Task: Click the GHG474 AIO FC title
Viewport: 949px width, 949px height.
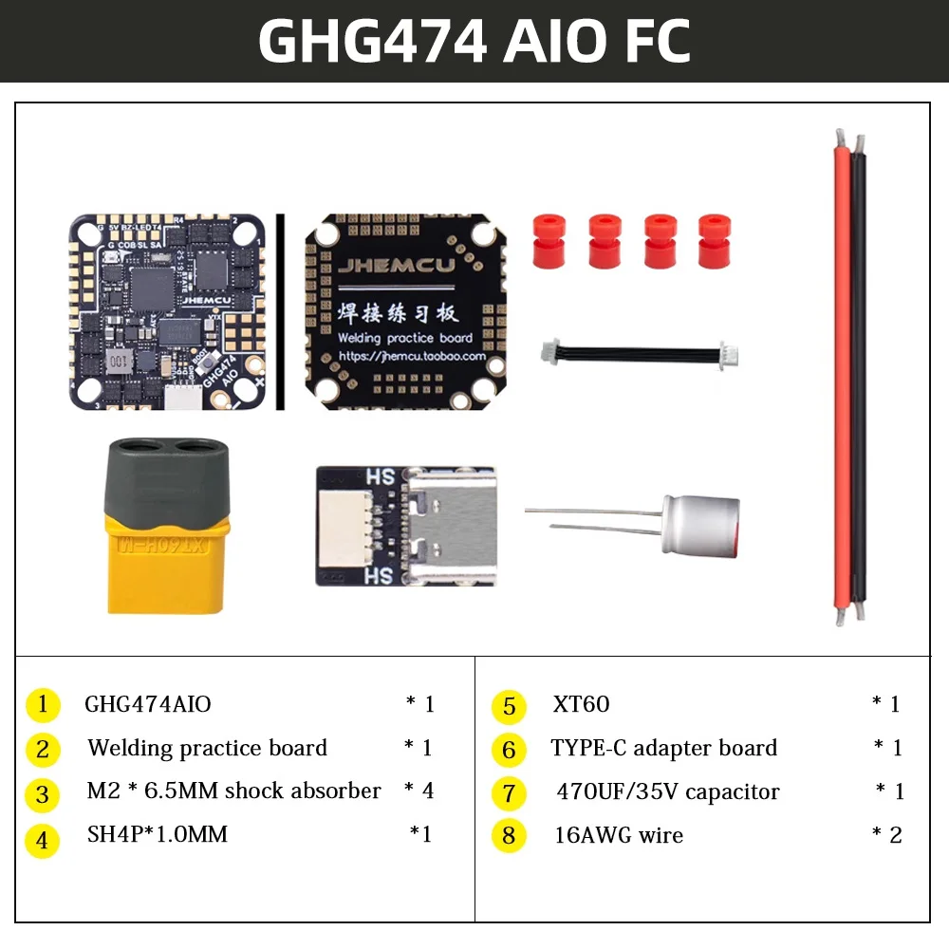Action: click(x=474, y=42)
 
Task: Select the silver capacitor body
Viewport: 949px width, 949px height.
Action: click(x=700, y=524)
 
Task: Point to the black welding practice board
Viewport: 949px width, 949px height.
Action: click(x=405, y=311)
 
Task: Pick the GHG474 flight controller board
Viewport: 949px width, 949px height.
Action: click(x=166, y=310)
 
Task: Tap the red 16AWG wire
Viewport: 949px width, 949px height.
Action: click(x=842, y=380)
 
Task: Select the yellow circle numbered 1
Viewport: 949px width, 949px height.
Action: click(x=43, y=705)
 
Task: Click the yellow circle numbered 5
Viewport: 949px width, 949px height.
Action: click(x=510, y=706)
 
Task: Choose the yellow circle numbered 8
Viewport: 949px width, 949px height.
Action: click(x=510, y=836)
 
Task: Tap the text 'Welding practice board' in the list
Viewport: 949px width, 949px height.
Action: click(x=207, y=748)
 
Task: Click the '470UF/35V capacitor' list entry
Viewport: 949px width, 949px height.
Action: click(x=667, y=791)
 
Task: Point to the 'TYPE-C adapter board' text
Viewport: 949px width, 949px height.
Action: click(x=663, y=748)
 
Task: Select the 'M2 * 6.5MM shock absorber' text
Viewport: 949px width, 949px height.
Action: click(x=233, y=791)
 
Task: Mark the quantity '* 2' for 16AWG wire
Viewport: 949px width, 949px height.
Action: click(x=886, y=835)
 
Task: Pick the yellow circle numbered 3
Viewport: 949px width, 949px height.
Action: click(x=43, y=793)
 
